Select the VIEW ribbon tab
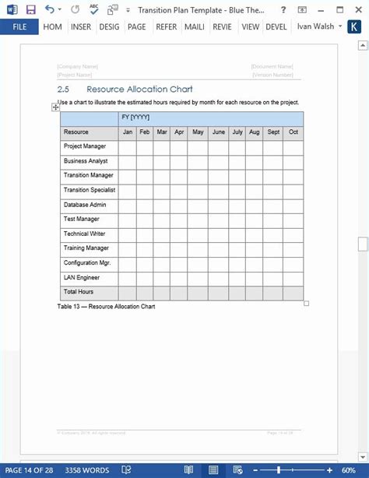coord(250,26)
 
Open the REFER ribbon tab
coord(166,26)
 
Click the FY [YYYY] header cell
coord(135,118)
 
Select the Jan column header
coord(127,132)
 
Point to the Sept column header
coord(273,132)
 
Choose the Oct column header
coord(293,132)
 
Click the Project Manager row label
coord(84,146)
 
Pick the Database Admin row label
coord(85,205)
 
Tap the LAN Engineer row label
coord(82,277)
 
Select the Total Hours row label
coord(79,292)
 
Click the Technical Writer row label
coord(86,234)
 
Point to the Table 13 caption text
coord(106,307)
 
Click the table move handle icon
coord(55,107)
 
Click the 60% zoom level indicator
coord(348,470)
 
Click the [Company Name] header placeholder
coord(77,67)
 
